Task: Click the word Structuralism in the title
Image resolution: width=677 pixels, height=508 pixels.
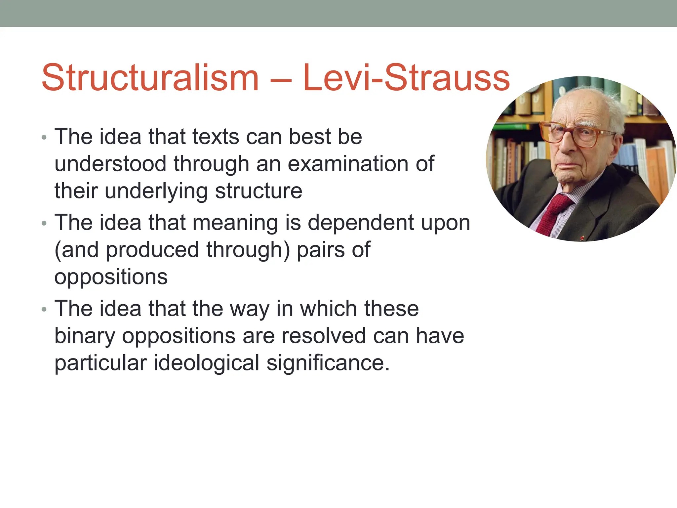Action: point(150,78)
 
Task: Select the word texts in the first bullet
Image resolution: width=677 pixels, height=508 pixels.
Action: point(216,137)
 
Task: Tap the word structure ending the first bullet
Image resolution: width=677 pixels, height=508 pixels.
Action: point(259,191)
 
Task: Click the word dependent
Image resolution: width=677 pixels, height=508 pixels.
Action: point(361,223)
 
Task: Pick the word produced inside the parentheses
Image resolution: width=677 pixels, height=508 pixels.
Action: point(152,250)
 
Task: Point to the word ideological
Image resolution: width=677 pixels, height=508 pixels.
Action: point(207,363)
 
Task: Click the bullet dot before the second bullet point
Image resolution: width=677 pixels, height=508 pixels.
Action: point(44,224)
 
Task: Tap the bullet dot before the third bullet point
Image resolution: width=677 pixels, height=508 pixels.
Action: point(44,310)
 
